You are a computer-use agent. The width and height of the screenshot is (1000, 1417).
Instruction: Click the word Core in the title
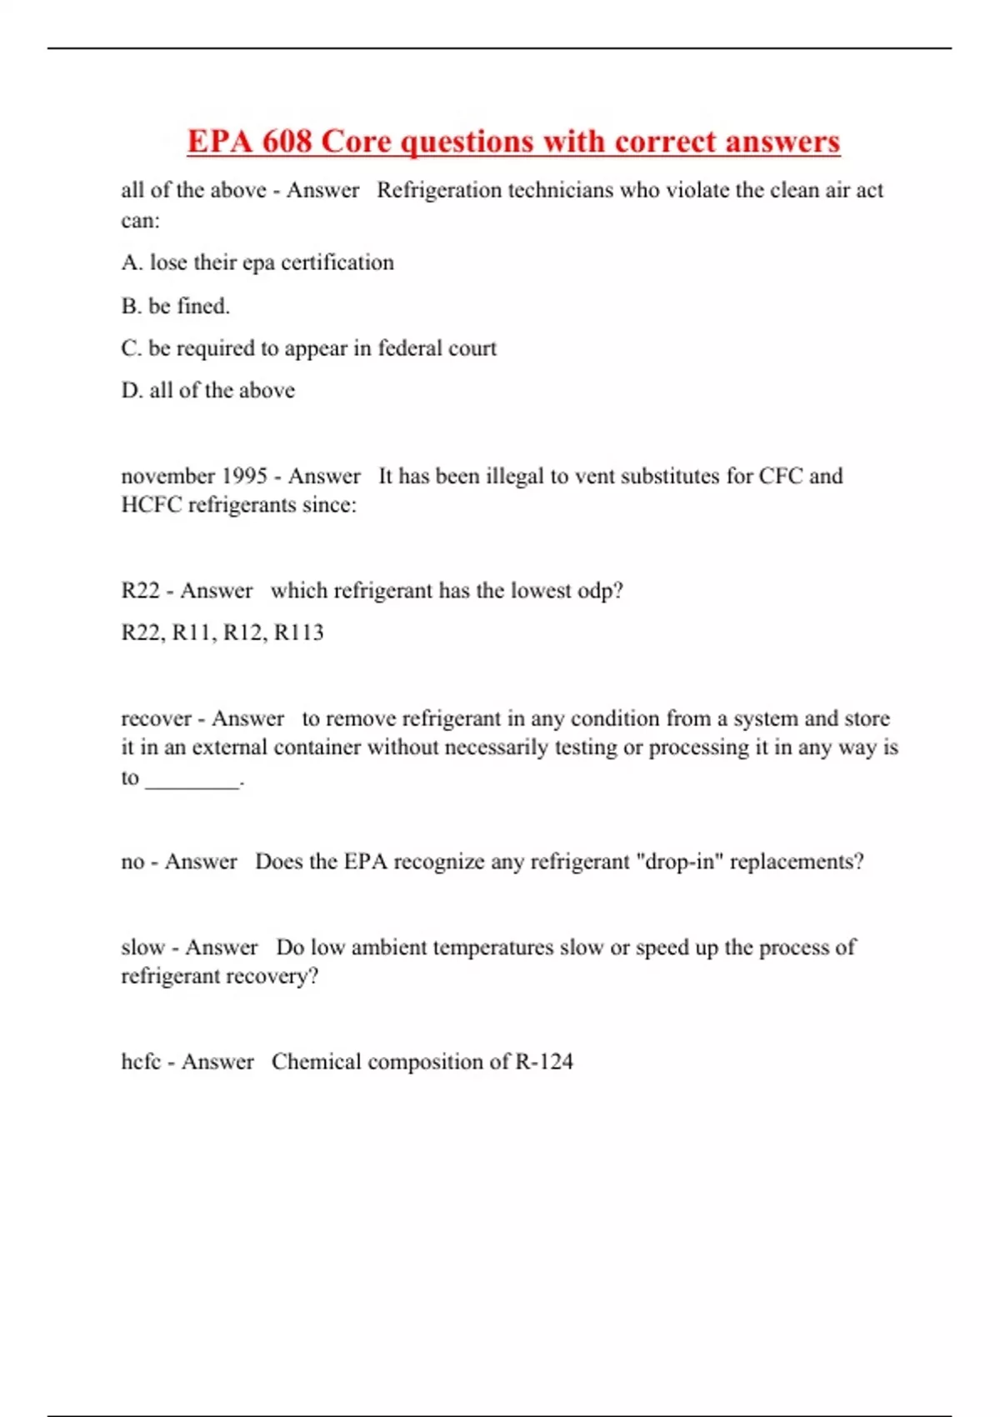click(x=356, y=142)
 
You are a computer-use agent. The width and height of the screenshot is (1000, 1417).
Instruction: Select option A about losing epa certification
click(x=257, y=263)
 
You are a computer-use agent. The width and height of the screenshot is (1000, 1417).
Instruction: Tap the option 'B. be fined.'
click(x=175, y=306)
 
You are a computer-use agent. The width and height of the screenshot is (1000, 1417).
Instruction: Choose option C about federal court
click(x=308, y=348)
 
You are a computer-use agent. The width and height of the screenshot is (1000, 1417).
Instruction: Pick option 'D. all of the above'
click(x=207, y=390)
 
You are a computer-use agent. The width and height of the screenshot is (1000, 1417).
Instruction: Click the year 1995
click(x=244, y=476)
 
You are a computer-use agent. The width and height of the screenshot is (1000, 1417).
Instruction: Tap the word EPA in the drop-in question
click(x=365, y=861)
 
